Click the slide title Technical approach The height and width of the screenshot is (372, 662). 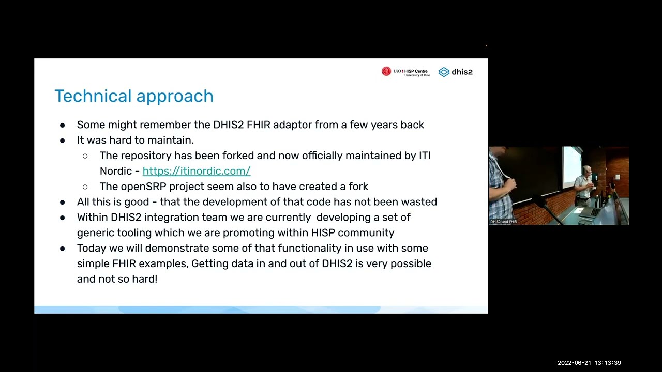coord(134,96)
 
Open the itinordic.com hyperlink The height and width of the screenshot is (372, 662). coord(197,171)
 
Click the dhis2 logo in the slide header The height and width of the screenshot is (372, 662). coord(455,72)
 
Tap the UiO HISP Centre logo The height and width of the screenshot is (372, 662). coord(405,72)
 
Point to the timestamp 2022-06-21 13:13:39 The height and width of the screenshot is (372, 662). coord(589,363)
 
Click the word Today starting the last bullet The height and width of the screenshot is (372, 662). coord(92,249)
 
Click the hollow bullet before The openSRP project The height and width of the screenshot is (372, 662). coord(85,187)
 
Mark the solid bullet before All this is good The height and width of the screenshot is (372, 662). coord(63,202)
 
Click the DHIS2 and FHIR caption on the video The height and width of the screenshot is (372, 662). coord(504,222)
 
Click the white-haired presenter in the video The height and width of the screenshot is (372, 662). coord(585,183)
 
